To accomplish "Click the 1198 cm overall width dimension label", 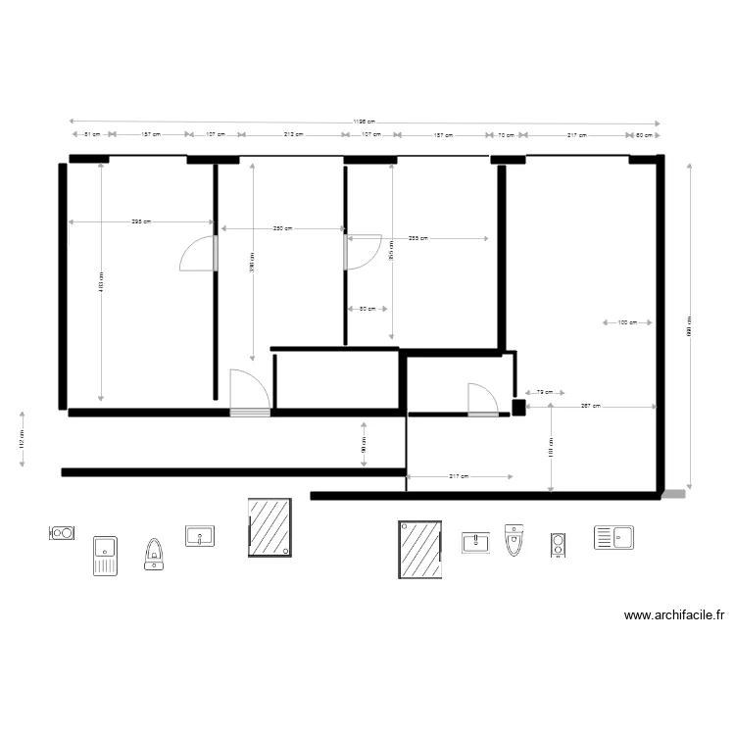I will [364, 122].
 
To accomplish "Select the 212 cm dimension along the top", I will [292, 134].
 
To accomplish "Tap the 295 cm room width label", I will [141, 221].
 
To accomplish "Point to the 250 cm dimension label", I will [282, 228].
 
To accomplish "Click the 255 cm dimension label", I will [417, 238].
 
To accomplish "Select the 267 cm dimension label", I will [590, 405].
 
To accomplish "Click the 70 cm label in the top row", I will [506, 134].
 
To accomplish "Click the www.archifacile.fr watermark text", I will [674, 616].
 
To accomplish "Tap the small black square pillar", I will [518, 407].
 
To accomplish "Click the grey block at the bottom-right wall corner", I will [673, 495].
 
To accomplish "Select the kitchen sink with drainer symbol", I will [613, 537].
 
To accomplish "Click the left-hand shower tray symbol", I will [269, 528].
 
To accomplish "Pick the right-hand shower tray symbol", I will [420, 549].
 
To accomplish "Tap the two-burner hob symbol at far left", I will [62, 533].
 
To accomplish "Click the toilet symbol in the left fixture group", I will [154, 554].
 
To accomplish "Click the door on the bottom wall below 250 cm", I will [249, 393].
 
